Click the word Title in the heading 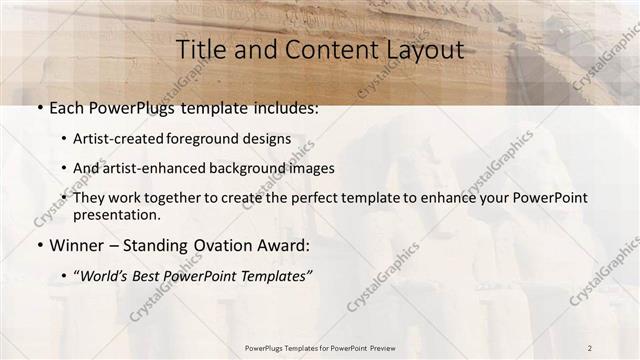(x=202, y=49)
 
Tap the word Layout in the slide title (x=420, y=49)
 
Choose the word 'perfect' (x=336, y=198)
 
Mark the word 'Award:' (x=286, y=245)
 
